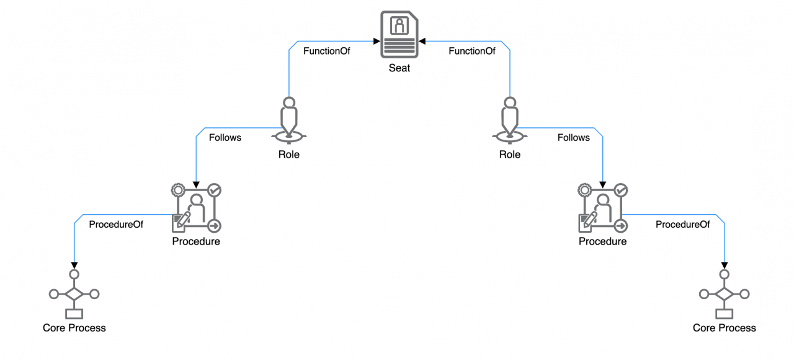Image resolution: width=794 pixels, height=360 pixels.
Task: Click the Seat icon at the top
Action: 399,36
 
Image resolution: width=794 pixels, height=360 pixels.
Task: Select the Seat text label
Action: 399,68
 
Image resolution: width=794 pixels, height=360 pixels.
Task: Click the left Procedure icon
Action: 196,208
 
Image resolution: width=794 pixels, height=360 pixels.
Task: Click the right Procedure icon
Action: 602,208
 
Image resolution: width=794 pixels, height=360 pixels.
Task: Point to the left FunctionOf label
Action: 326,52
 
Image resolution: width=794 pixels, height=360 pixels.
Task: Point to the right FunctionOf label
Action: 472,52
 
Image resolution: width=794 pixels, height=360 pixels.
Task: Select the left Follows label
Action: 225,138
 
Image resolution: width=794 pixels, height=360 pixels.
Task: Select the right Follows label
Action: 573,138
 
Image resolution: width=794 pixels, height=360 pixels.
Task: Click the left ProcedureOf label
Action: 116,225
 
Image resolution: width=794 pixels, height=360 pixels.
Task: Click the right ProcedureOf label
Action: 682,225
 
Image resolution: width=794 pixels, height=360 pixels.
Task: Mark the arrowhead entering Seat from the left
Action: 376,42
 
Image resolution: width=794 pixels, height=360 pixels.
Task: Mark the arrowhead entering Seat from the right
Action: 422,42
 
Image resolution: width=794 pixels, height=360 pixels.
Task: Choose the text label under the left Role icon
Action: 289,155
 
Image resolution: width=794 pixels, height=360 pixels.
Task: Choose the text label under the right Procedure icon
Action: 602,241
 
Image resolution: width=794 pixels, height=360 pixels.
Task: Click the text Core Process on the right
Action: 724,328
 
